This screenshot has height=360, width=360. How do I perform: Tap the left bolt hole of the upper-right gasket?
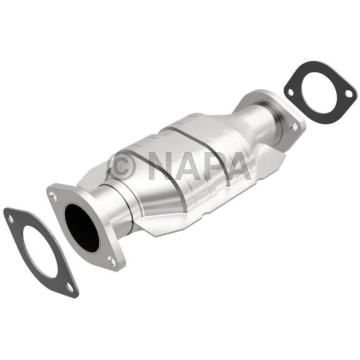click(x=291, y=92)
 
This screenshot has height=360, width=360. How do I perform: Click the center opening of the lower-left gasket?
click(x=42, y=250)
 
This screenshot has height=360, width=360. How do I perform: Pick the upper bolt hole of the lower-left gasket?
click(x=11, y=219)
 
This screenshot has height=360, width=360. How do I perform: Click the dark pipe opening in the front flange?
click(x=81, y=227)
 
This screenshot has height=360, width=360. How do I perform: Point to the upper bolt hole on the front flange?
click(x=53, y=194)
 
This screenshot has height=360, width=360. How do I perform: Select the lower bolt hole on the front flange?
click(x=111, y=261)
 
